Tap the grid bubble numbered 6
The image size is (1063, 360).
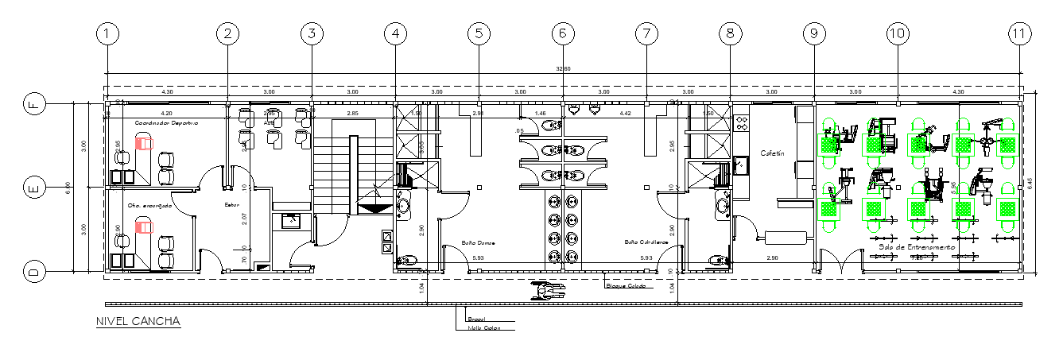coord(562,34)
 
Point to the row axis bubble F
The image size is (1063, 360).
coord(33,103)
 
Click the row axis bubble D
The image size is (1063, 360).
coord(33,272)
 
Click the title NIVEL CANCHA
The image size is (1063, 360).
coord(138,322)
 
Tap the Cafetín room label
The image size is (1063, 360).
coord(773,153)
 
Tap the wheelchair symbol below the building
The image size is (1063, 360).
coord(547,291)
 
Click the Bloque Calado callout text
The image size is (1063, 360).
coord(623,286)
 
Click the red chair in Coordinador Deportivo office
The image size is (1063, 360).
coord(143,144)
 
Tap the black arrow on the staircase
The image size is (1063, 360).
coord(371,208)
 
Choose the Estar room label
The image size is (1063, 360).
coord(231,205)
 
